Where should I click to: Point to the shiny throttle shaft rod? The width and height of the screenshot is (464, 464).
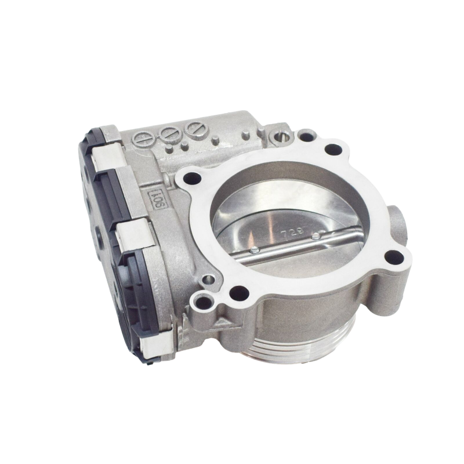[x=290, y=244]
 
